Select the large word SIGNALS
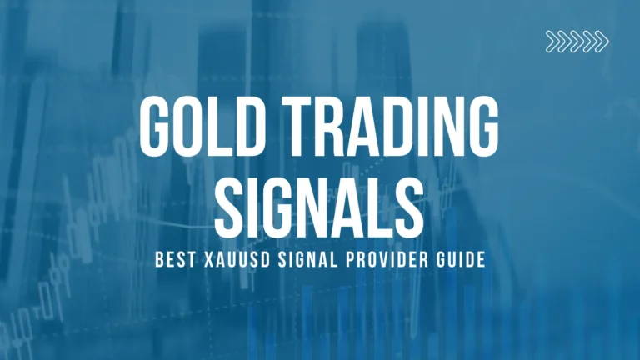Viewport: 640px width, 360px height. click(x=320, y=203)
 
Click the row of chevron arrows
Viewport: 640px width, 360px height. click(x=577, y=41)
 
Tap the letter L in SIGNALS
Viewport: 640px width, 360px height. click(x=370, y=203)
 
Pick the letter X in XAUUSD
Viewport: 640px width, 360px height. click(x=208, y=261)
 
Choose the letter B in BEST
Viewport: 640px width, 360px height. click(x=161, y=261)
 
